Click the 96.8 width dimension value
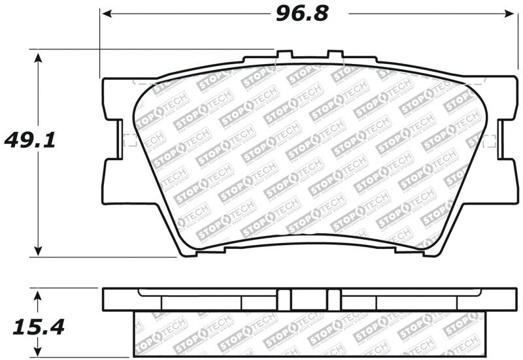tap(301, 12)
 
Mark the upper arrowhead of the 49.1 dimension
tap(39, 57)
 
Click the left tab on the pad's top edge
tap(284, 55)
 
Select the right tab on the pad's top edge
tap(335, 55)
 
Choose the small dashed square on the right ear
tap(492, 140)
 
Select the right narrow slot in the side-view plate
tap(334, 299)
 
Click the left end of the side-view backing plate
tap(104, 299)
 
